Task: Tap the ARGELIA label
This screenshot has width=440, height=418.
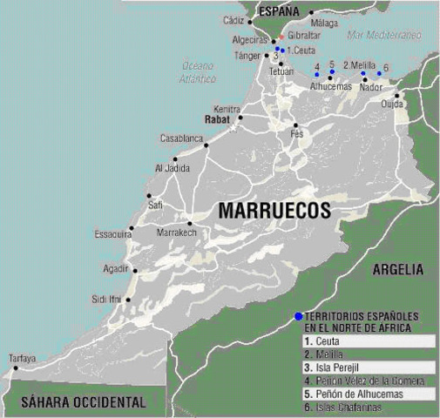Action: pyautogui.click(x=397, y=270)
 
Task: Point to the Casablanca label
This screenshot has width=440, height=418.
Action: pyautogui.click(x=180, y=138)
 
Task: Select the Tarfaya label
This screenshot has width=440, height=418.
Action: pyautogui.click(x=22, y=358)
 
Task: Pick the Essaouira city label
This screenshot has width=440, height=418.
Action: pyautogui.click(x=113, y=234)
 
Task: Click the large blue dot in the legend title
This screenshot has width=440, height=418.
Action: pyautogui.click(x=298, y=315)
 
